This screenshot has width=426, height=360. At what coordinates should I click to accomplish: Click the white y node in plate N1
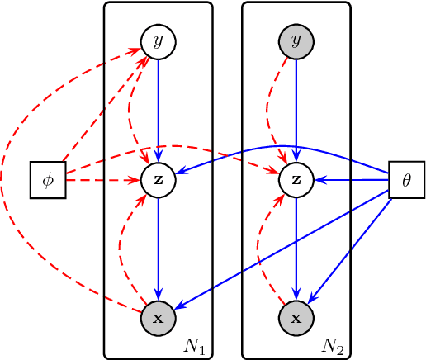159,41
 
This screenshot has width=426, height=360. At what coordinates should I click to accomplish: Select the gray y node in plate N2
296,41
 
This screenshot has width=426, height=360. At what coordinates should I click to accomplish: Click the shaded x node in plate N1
159,317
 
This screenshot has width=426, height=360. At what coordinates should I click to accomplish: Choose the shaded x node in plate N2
296,317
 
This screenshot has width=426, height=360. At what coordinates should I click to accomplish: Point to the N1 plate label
196,344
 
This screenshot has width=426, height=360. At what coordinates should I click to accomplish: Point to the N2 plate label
334,344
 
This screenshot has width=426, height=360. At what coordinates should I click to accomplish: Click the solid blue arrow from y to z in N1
159,107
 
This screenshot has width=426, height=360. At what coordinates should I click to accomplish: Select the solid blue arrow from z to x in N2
296,248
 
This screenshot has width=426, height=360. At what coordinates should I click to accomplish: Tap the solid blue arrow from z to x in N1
159,248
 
